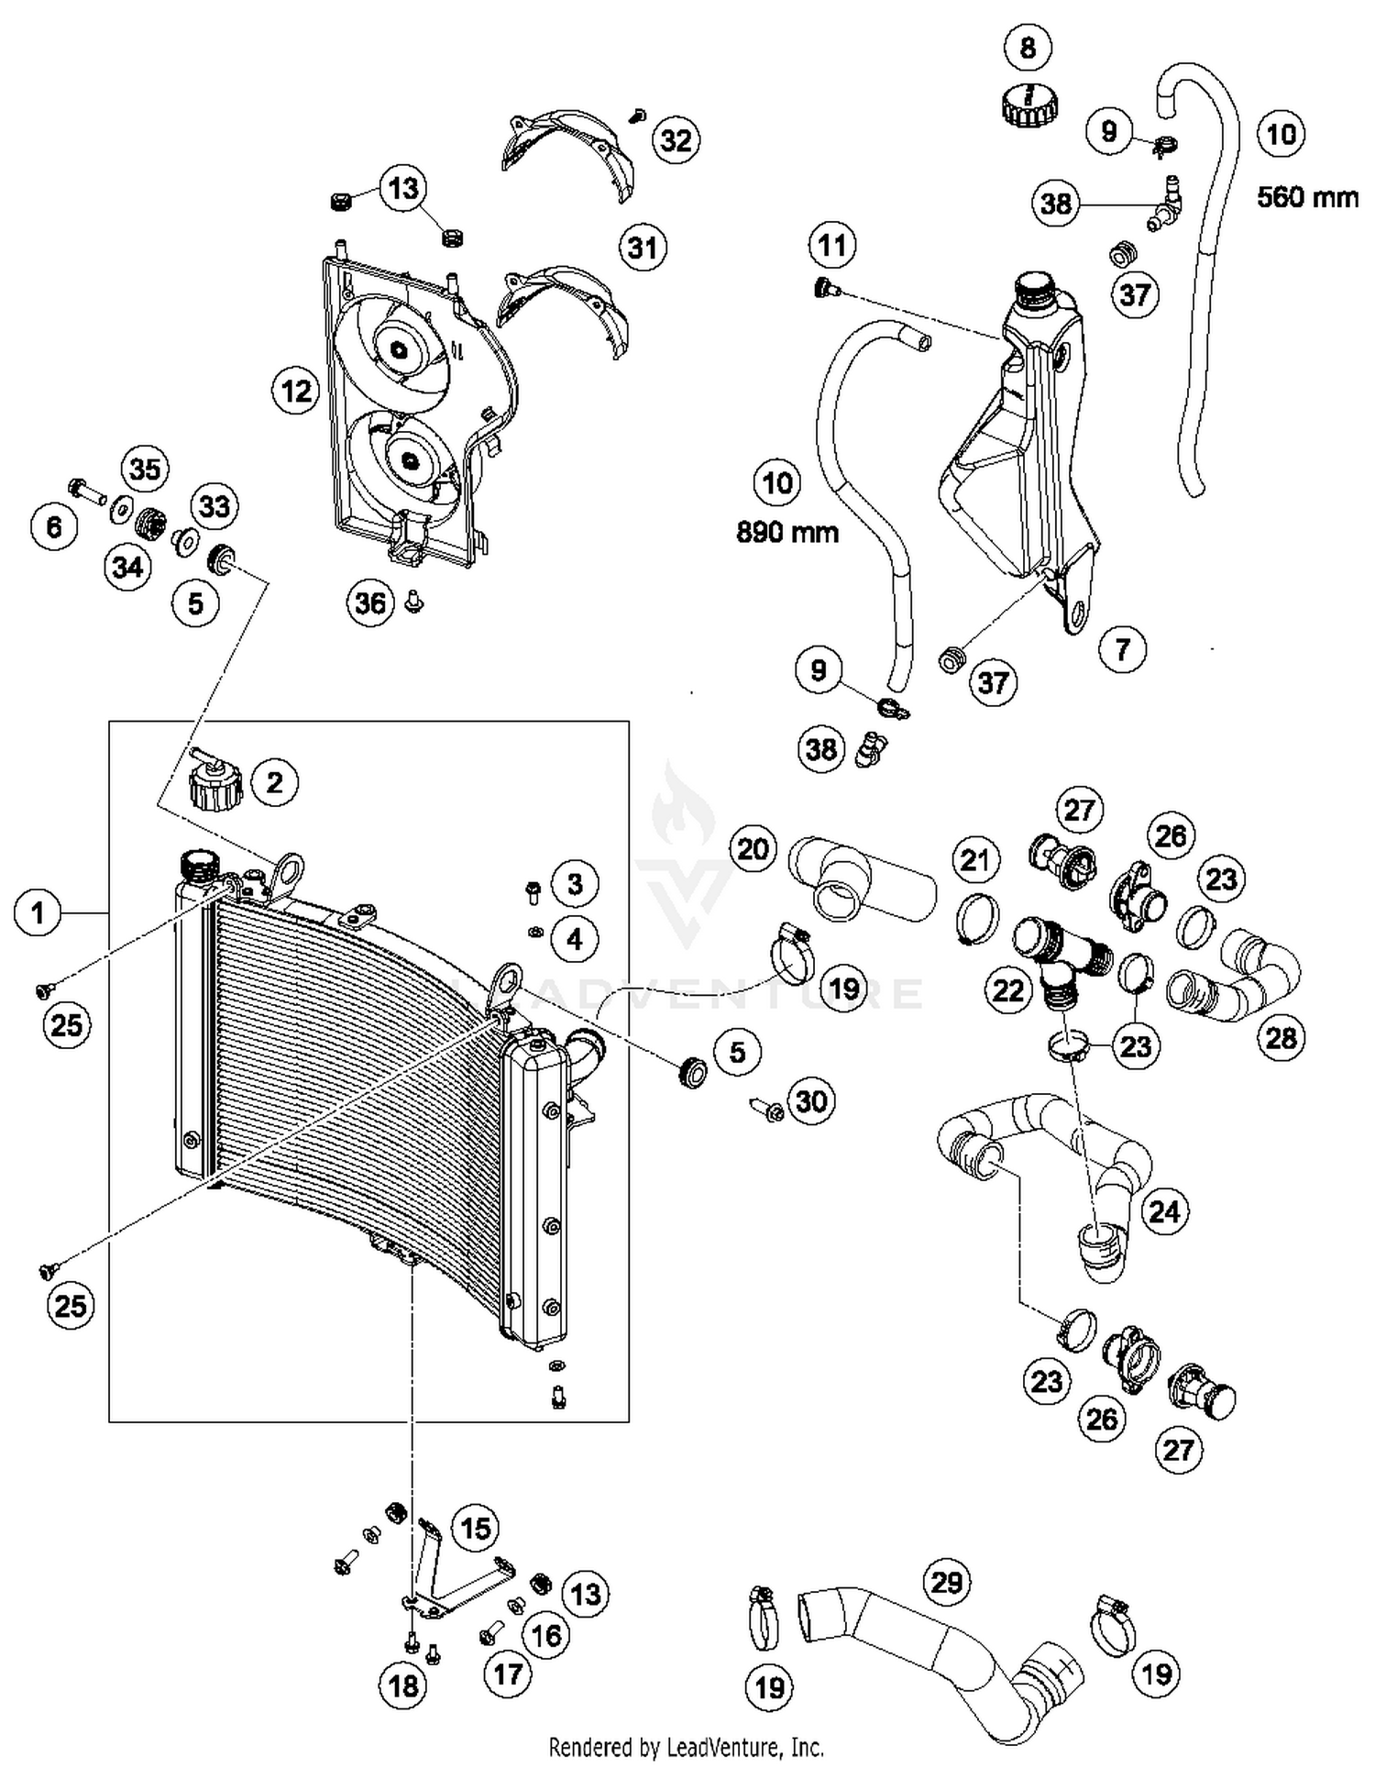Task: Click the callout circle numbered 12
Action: [x=296, y=392]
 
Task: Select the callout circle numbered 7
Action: [x=1122, y=649]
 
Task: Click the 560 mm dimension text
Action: [x=1307, y=197]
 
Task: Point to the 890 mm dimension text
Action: [x=787, y=532]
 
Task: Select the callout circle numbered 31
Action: [x=643, y=248]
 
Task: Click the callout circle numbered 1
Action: [x=38, y=912]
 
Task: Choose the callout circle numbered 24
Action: [x=1163, y=1211]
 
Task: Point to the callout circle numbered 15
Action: [x=475, y=1528]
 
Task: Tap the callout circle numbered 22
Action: [x=1008, y=990]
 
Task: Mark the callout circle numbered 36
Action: [x=370, y=602]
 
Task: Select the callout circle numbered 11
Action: [x=831, y=245]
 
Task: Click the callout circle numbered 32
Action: [x=676, y=140]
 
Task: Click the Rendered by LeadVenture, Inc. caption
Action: [x=686, y=1747]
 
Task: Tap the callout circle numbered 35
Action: [x=145, y=469]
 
